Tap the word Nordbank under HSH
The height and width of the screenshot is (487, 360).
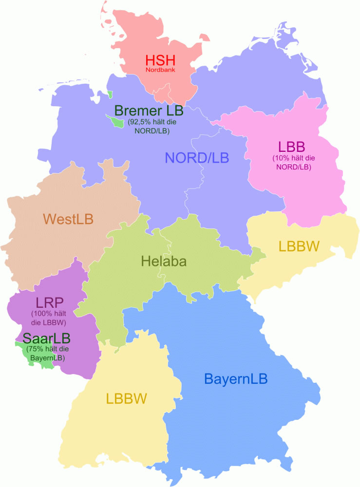tap(160, 70)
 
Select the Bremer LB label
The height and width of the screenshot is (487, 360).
tap(148, 112)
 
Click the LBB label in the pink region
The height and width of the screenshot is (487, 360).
tap(291, 146)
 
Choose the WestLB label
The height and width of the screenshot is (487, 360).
tap(68, 219)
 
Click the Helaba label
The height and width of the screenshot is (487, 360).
tap(164, 261)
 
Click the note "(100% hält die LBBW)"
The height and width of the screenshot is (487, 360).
tap(49, 318)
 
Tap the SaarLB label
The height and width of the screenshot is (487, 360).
tap(47, 338)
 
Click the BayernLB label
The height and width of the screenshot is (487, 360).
tap(236, 378)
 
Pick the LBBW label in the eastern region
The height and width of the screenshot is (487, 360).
tap(299, 246)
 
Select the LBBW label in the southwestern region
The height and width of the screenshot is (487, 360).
tap(126, 399)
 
